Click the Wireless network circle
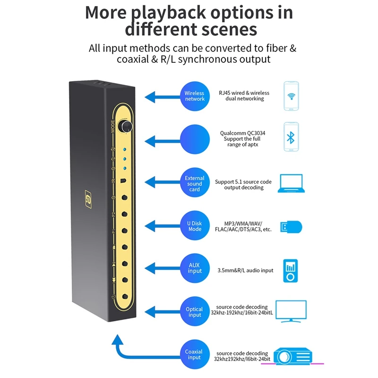pyautogui.click(x=194, y=96)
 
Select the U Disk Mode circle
pyautogui.click(x=194, y=225)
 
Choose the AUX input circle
pyautogui.click(x=194, y=268)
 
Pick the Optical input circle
pyautogui.click(x=194, y=312)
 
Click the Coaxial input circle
pyautogui.click(x=194, y=354)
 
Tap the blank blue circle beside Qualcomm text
pyautogui.click(x=194, y=139)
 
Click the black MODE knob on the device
pyautogui.click(x=126, y=126)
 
